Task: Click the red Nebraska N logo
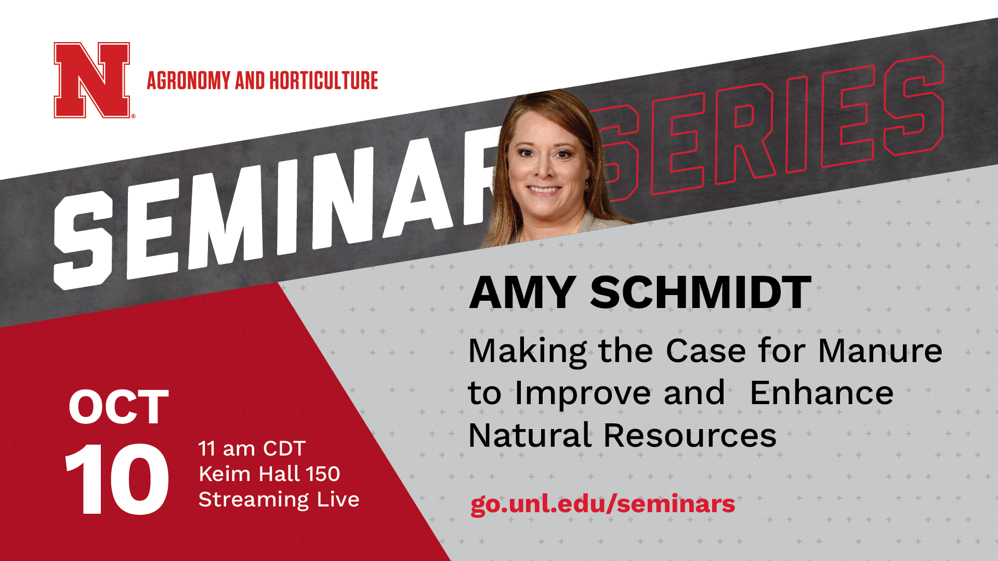pyautogui.click(x=93, y=80)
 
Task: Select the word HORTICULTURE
pyautogui.click(x=323, y=81)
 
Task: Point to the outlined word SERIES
pyautogui.click(x=769, y=130)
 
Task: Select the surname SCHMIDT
pyautogui.click(x=701, y=292)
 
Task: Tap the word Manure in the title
pyautogui.click(x=880, y=351)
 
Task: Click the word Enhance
pyautogui.click(x=822, y=393)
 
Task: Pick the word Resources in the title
pyautogui.click(x=690, y=435)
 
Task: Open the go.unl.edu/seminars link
pyautogui.click(x=602, y=504)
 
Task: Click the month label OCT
pyautogui.click(x=119, y=407)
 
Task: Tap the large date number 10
pyautogui.click(x=117, y=479)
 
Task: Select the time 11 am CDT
pyautogui.click(x=252, y=448)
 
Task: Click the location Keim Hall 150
pyautogui.click(x=269, y=474)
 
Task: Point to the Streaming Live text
pyautogui.click(x=279, y=500)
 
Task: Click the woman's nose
pyautogui.click(x=544, y=167)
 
